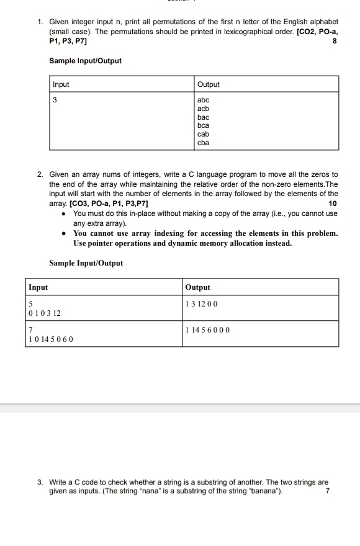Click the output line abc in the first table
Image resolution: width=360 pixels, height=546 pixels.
[x=203, y=100]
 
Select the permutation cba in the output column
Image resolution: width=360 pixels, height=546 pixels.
[x=203, y=143]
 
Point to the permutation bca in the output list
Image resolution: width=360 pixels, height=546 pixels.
[x=203, y=125]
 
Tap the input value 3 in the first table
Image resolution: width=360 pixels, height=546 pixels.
[x=55, y=101]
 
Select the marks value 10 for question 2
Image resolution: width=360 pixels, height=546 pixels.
[x=333, y=204]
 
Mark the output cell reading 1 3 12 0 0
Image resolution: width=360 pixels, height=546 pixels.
[x=202, y=303]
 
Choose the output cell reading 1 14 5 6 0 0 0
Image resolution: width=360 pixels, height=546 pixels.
[x=207, y=330]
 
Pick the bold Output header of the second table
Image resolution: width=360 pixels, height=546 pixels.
[x=198, y=287]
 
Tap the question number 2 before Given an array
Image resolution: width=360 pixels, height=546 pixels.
[x=39, y=174]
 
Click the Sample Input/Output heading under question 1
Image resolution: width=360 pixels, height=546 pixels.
[x=85, y=61]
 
